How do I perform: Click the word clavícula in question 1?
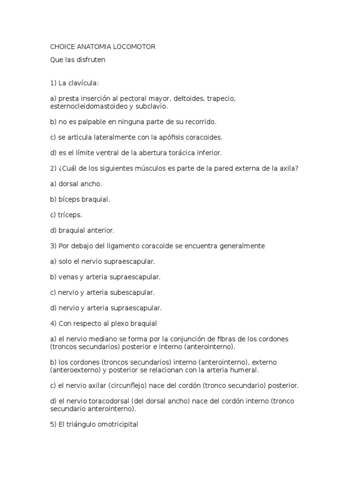pyautogui.click(x=82, y=83)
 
